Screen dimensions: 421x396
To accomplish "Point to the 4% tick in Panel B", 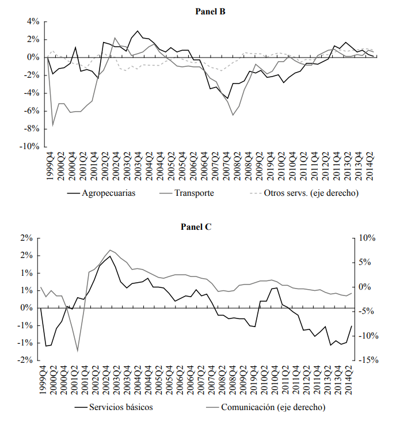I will click(x=32, y=22).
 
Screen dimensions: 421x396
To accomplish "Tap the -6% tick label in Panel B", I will click(x=30, y=111).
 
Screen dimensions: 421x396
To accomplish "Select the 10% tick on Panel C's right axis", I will click(x=367, y=238).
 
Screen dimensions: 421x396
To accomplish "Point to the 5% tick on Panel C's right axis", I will click(x=369, y=263).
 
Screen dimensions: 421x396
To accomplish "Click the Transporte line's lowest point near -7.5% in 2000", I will click(x=53, y=125).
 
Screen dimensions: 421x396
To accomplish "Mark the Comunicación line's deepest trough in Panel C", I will click(x=77, y=351).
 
